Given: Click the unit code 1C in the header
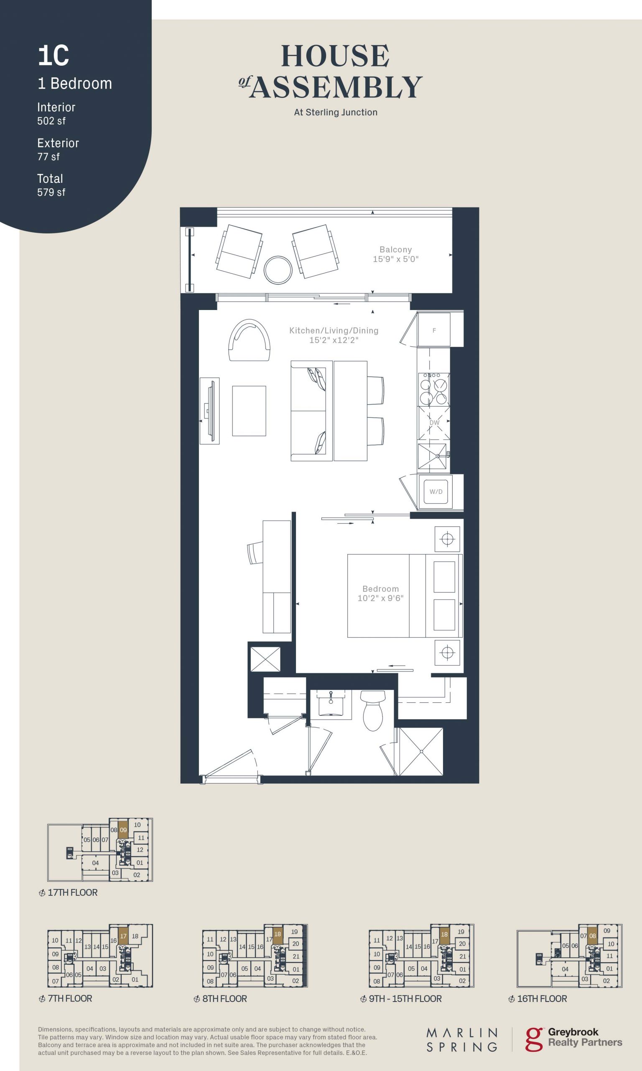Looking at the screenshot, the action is tap(53, 56).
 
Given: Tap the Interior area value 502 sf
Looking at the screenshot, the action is tap(51, 121).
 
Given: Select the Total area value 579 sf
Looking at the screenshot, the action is tap(51, 192).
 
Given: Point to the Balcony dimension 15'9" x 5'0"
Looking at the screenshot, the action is tap(395, 259).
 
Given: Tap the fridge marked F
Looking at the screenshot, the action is tap(434, 330).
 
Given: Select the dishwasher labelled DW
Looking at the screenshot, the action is tap(434, 423).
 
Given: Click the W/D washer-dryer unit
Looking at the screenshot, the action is tap(436, 492).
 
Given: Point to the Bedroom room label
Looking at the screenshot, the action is tap(381, 589).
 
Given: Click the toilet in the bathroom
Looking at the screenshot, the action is tap(373, 710).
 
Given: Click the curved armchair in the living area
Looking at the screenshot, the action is tap(250, 340).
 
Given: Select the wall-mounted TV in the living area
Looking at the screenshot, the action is tap(210, 411).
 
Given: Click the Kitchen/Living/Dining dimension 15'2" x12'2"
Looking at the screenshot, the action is tap(334, 340).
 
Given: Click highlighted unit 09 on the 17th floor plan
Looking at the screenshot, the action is tap(123, 830).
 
